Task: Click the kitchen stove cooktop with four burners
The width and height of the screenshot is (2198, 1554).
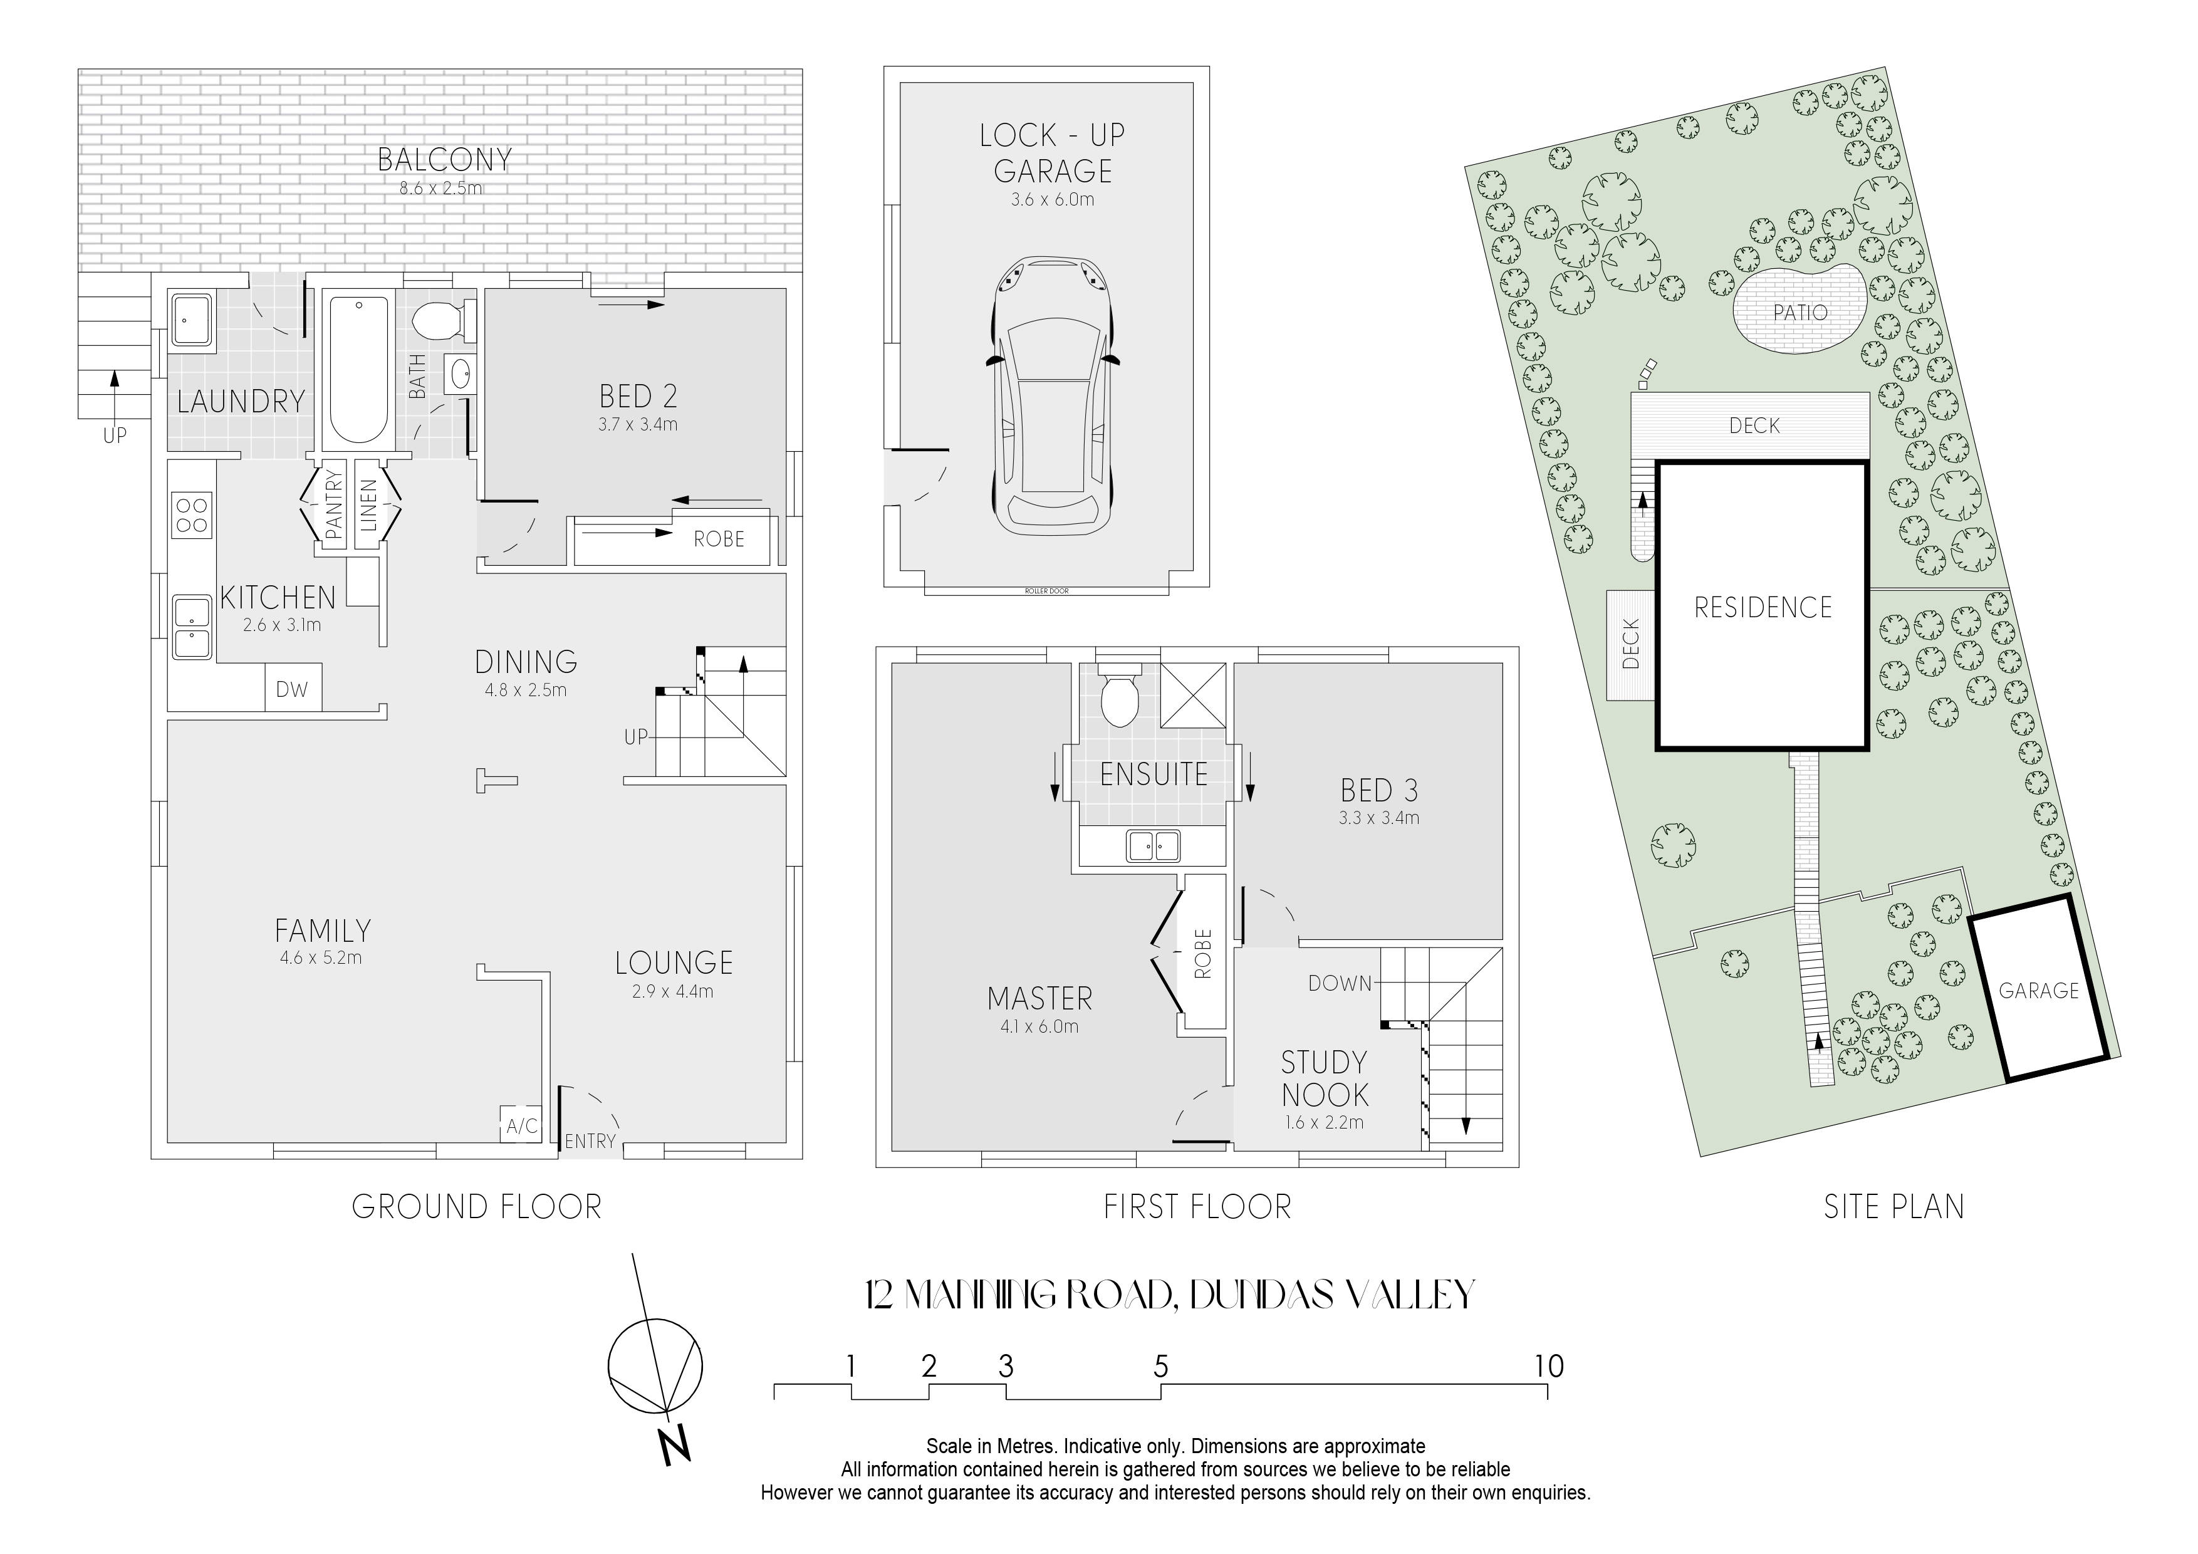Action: pos(192,514)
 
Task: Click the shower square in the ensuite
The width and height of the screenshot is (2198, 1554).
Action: pos(1193,695)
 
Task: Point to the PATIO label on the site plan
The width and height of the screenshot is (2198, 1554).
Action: pos(1800,312)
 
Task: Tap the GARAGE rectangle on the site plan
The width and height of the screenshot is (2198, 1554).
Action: pos(2039,988)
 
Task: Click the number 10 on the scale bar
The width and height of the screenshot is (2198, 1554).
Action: pos(1549,1367)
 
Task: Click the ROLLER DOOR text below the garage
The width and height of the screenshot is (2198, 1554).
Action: pos(1046,591)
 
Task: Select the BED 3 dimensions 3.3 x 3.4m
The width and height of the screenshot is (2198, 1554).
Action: pos(1378,818)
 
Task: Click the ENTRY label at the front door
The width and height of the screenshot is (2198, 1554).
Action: pos(590,1141)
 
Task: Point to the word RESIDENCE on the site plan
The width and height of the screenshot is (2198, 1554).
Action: pos(1763,607)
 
